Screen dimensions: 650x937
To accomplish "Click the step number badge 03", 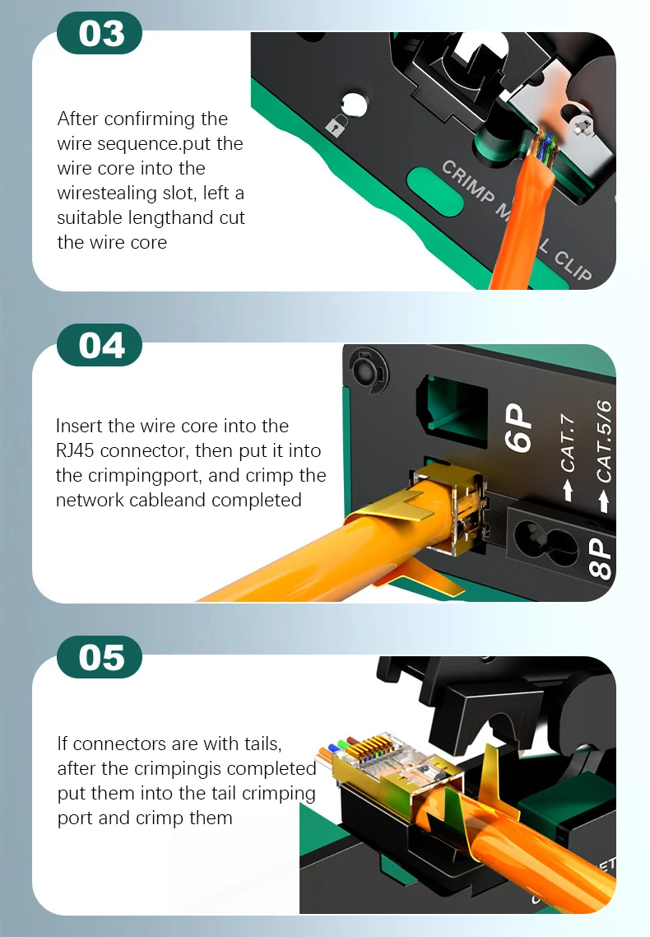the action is (100, 33).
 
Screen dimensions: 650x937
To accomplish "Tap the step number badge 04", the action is (100, 345).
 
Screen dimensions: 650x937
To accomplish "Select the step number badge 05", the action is (100, 657).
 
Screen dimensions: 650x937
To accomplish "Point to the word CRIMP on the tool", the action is (468, 182).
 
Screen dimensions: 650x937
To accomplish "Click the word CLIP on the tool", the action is (573, 266).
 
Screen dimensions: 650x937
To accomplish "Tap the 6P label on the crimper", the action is (518, 427).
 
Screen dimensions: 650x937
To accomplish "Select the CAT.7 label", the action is (568, 443).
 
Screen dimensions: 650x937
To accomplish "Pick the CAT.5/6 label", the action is (603, 441).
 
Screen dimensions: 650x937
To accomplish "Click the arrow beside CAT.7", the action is (568, 490).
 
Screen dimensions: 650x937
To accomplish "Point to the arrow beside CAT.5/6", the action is (604, 501).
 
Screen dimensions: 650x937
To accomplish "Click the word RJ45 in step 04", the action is (74, 450).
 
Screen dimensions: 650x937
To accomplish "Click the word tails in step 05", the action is (263, 744).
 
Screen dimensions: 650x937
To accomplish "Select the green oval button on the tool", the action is (434, 192).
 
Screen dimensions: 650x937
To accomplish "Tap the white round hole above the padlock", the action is (355, 104).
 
